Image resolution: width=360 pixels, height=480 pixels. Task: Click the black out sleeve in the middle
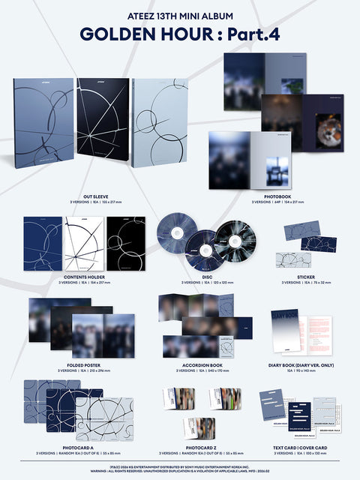click(x=102, y=124)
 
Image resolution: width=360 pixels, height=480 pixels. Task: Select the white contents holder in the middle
click(x=83, y=244)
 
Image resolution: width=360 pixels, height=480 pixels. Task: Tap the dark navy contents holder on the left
click(x=43, y=244)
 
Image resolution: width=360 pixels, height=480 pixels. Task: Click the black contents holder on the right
click(x=125, y=244)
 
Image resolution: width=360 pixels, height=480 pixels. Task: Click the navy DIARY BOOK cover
click(x=285, y=330)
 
